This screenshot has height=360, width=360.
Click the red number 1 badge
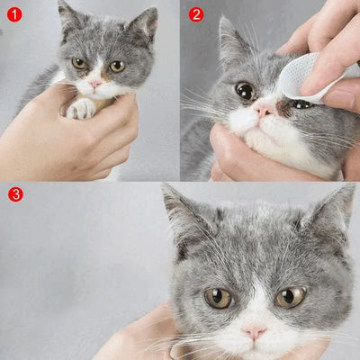[13, 13]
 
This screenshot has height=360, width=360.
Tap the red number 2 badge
[196, 13]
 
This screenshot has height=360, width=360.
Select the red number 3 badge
[13, 193]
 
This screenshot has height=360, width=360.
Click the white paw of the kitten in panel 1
[81, 108]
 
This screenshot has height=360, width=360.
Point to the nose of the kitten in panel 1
[95, 83]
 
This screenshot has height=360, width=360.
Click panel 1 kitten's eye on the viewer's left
[79, 64]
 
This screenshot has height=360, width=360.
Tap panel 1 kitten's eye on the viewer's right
[117, 66]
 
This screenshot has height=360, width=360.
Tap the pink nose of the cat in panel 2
[263, 110]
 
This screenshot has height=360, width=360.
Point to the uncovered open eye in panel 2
[244, 90]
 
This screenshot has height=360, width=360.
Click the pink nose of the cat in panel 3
[255, 332]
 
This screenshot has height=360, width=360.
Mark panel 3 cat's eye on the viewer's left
[217, 297]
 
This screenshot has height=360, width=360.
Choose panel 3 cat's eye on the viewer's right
[290, 296]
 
